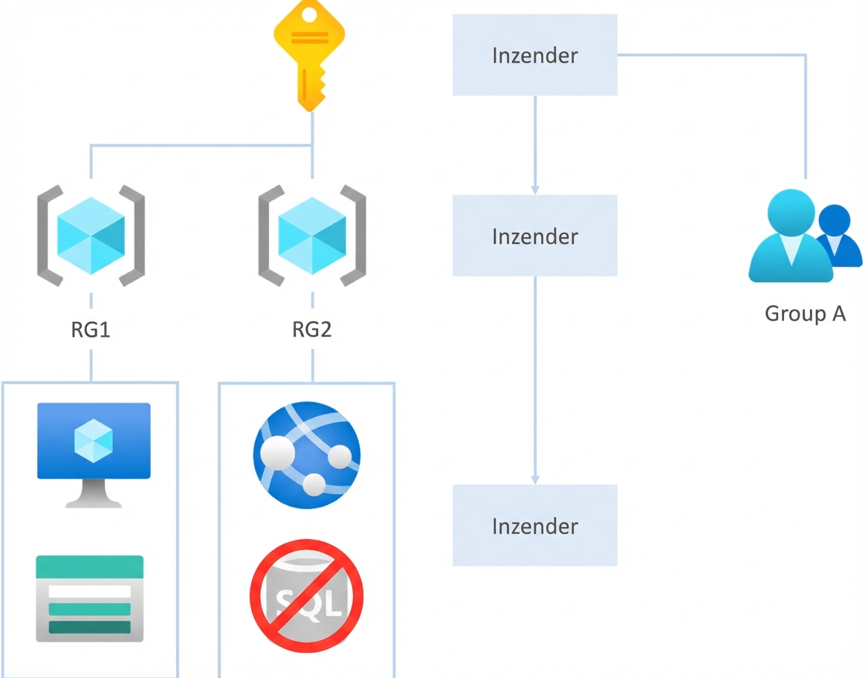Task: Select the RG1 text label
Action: click(x=91, y=330)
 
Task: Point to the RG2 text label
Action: click(x=312, y=330)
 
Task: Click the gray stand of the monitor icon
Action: click(x=93, y=494)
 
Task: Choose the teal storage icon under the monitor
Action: click(x=90, y=598)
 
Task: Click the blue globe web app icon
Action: click(x=307, y=454)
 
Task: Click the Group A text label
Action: click(x=806, y=314)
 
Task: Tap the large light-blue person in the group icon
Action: click(x=789, y=236)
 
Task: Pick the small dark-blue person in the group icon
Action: click(x=838, y=235)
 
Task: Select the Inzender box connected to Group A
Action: click(x=535, y=55)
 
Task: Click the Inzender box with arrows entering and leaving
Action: click(x=535, y=236)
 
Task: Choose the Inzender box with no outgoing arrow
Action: click(x=535, y=526)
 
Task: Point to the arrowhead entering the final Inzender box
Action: click(x=535, y=480)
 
